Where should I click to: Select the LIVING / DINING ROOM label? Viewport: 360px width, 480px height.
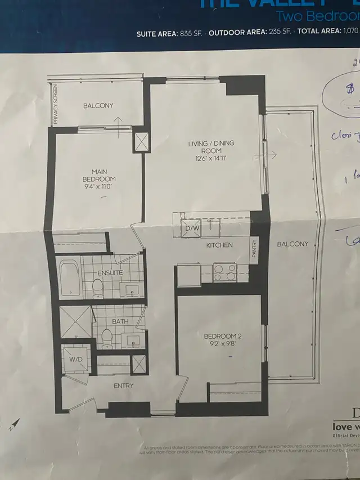[x=211, y=147]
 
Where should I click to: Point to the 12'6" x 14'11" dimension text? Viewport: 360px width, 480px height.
[x=211, y=159]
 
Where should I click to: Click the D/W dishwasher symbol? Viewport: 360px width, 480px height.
[x=189, y=228]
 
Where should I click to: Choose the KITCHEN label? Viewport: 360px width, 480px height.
[x=219, y=245]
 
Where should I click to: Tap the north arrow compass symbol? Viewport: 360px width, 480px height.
[x=15, y=423]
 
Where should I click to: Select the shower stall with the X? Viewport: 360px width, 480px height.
[x=75, y=321]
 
